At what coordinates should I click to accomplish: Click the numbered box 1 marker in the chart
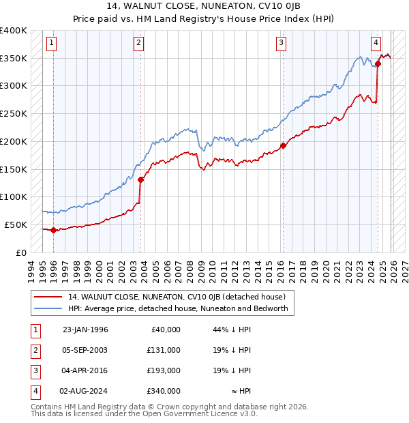(52, 43)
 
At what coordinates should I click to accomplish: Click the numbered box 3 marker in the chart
(281, 43)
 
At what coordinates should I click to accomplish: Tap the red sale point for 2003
(140, 180)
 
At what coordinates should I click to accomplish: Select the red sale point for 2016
(283, 145)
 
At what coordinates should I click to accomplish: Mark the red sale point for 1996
(53, 231)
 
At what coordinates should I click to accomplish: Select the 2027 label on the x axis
(404, 269)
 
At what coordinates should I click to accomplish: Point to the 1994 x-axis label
(31, 269)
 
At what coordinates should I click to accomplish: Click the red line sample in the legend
(48, 297)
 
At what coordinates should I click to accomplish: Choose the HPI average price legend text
(178, 308)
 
